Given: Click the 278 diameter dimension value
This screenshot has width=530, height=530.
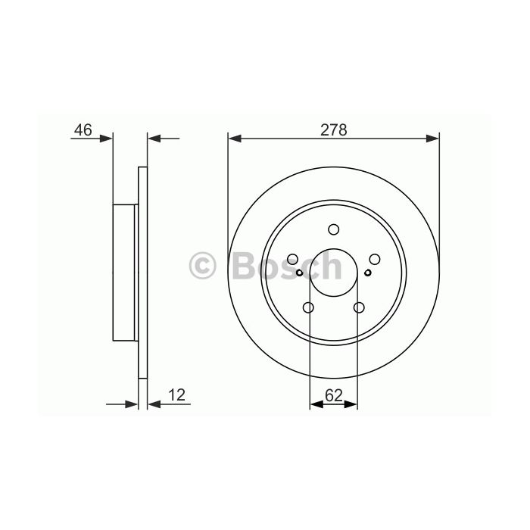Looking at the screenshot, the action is [333, 129].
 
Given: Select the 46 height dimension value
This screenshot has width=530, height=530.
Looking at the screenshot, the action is [83, 129].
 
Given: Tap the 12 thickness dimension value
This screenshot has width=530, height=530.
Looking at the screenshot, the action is [176, 394].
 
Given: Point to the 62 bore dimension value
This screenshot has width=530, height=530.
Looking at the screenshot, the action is [334, 395].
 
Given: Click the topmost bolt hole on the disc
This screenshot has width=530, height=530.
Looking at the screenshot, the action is [334, 229].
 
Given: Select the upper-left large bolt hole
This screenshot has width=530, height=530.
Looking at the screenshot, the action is [292, 259].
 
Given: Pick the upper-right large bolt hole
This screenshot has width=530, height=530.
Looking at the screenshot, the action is [375, 259].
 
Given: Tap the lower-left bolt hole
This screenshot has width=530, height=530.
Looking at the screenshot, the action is [309, 307].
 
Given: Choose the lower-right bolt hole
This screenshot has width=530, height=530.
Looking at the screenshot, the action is [359, 307].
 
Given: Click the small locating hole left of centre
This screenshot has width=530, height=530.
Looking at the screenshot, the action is [299, 273].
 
